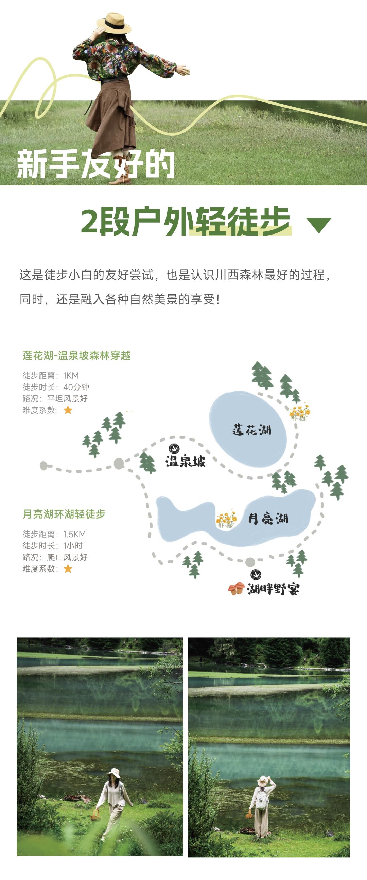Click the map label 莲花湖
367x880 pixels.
coord(252,430)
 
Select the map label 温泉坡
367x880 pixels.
coord(186,461)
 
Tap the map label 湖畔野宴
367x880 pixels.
coord(273,589)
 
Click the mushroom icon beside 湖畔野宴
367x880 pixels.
coord(237,588)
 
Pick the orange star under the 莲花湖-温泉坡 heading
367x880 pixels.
coord(68,410)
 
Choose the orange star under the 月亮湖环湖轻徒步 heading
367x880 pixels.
coord(68,569)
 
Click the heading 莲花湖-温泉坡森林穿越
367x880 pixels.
coord(76,356)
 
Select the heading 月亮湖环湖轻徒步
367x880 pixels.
coord(64,514)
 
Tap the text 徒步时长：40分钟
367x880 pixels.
coord(56,387)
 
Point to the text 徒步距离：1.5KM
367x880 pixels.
coord(54,534)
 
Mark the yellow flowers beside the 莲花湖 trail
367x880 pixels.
coord(300,412)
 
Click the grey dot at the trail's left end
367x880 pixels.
coord(43,465)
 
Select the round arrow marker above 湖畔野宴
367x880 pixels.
coord(255,575)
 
